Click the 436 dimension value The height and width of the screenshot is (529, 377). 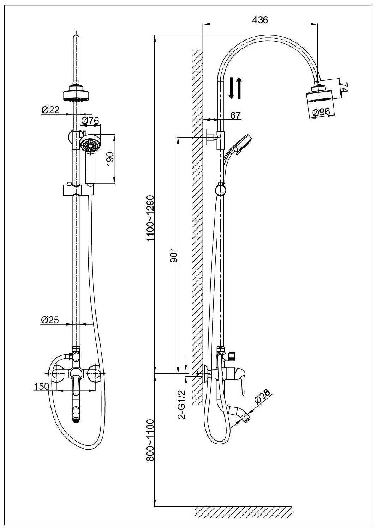260,20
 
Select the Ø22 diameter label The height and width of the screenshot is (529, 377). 50,110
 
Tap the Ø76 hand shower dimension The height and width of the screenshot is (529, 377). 90,121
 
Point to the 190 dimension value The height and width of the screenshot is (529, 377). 109,159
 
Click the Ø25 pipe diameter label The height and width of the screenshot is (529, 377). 50,320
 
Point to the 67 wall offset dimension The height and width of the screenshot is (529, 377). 235,115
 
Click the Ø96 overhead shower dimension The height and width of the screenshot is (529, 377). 321,112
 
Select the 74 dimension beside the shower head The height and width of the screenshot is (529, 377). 345,87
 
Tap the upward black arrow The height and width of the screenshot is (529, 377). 239,88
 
